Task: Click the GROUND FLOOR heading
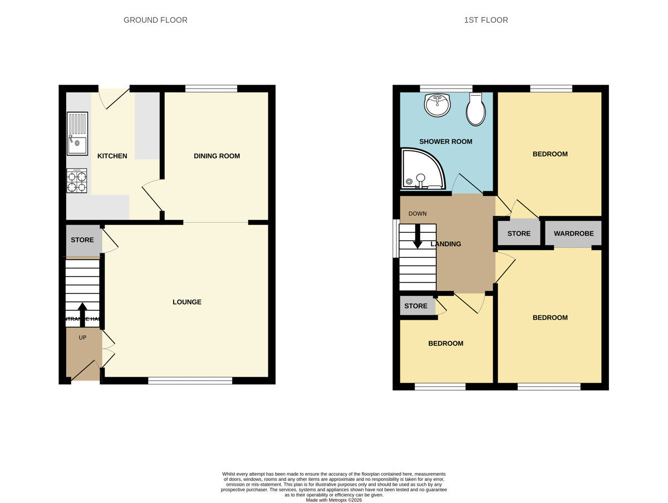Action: pos(155,20)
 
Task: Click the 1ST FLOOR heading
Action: pos(486,20)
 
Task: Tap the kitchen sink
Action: pos(77,134)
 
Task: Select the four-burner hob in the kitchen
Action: pos(77,181)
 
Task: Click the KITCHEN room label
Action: pos(112,156)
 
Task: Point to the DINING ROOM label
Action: pos(217,156)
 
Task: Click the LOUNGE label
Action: pos(187,302)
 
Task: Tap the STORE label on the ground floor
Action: pos(82,240)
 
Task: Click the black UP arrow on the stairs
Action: pos(82,314)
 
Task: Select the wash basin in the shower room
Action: pos(438,105)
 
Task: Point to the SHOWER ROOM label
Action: pos(445,141)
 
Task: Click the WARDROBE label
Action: pos(573,233)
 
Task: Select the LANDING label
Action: pos(446,244)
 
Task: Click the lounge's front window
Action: pos(190,381)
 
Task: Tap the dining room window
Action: pos(211,88)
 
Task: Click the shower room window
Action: pos(446,88)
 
